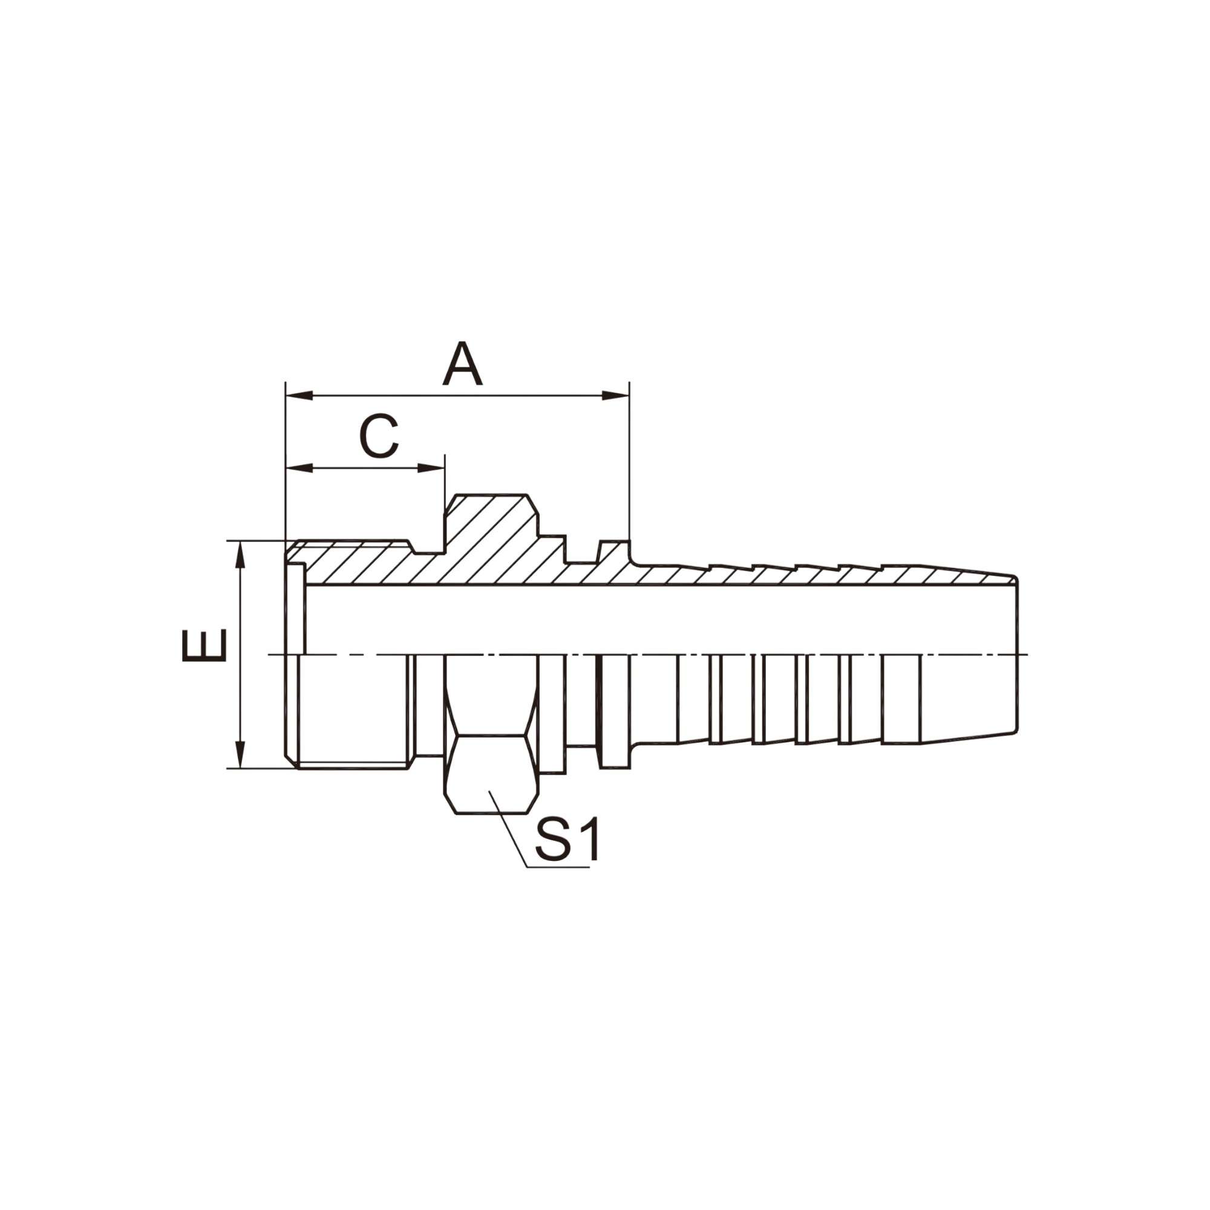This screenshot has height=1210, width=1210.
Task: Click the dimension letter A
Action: [462, 363]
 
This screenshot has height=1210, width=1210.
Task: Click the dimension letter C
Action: [379, 436]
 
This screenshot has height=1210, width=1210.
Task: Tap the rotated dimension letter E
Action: [204, 645]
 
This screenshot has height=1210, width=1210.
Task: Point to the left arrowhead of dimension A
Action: [299, 396]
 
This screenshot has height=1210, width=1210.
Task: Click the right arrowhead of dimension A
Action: [616, 396]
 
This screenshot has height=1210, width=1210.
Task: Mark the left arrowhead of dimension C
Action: [299, 468]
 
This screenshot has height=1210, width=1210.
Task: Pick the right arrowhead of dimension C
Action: [431, 468]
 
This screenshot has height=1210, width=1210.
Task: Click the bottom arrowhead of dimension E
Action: [240, 754]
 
